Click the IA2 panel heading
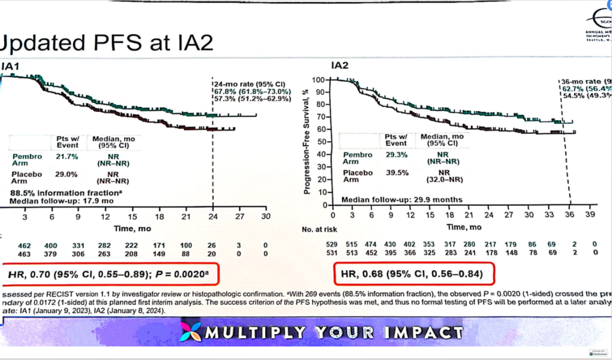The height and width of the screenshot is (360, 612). pos(339,66)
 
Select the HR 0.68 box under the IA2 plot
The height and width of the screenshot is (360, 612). pos(413,274)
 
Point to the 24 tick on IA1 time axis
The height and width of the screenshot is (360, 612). pos(212,216)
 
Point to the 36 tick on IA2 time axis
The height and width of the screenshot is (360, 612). pos(569,215)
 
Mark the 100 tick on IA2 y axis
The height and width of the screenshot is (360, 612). pos(321,79)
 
